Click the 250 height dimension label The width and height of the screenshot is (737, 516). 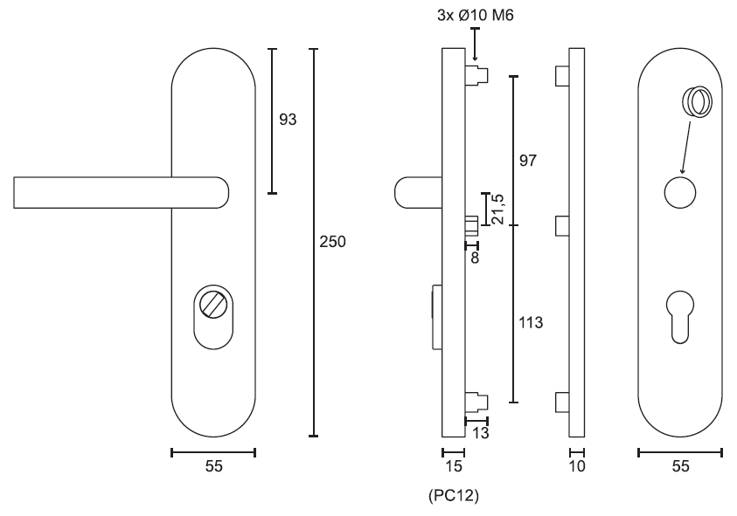332,241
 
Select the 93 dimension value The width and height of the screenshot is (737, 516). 288,120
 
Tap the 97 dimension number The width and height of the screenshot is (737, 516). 527,161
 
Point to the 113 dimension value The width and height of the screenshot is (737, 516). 531,322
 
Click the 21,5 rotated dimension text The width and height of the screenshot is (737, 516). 497,209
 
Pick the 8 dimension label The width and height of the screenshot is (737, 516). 475,258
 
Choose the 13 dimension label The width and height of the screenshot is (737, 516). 480,432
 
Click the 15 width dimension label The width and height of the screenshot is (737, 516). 454,466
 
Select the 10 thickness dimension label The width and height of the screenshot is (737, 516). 577,466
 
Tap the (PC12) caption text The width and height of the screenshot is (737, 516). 454,495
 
